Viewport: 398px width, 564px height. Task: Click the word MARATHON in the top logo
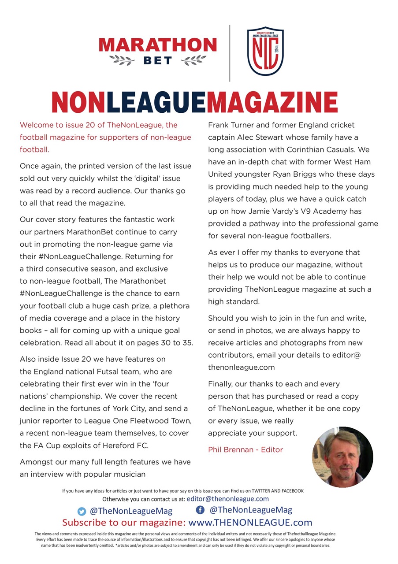tap(158, 45)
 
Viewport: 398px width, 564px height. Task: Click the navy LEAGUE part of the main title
tap(156, 103)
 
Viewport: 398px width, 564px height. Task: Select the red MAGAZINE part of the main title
tap(272, 103)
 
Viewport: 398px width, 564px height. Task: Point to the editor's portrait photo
tap(342, 456)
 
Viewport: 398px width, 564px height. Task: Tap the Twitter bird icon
tap(82, 511)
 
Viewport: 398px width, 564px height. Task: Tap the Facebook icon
tap(200, 510)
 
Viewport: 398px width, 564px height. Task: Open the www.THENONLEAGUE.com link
tap(250, 523)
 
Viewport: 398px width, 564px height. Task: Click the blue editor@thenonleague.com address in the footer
tap(227, 499)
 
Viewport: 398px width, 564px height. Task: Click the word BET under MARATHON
tap(158, 60)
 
